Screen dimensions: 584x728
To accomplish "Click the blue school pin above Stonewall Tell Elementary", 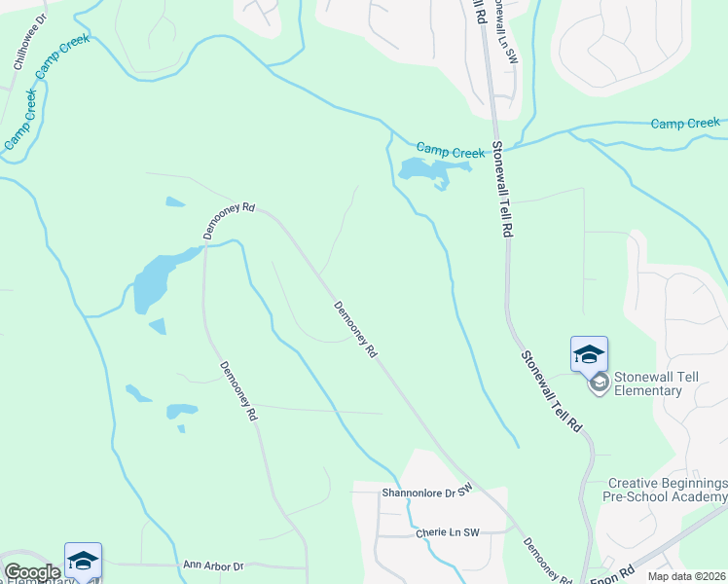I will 589,354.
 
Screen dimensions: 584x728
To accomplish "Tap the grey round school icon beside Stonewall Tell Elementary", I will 599,383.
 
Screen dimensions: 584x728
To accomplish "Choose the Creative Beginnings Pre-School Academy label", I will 668,490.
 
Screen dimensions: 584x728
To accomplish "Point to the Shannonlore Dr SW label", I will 425,492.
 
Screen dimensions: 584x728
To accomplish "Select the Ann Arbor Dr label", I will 212,565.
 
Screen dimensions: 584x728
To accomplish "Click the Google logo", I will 32,571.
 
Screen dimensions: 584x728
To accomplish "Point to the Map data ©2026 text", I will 687,576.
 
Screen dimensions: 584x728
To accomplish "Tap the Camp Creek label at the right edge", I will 684,124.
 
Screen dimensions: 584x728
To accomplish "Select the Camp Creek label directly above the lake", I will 450,151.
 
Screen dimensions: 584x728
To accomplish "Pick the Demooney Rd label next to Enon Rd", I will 547,562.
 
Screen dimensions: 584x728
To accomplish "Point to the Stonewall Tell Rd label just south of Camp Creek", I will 500,191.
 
